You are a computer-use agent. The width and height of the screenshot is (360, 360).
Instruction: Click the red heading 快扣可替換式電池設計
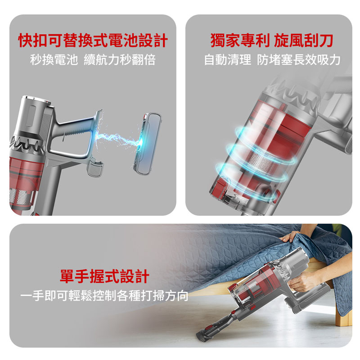click(x=93, y=40)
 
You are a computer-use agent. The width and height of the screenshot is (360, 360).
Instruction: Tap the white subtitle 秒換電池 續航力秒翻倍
click(x=93, y=60)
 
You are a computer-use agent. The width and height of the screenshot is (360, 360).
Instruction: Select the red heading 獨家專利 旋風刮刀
click(x=272, y=40)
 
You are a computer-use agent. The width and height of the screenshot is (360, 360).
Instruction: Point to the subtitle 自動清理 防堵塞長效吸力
click(x=272, y=60)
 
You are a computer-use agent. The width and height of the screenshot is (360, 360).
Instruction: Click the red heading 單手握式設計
click(x=104, y=276)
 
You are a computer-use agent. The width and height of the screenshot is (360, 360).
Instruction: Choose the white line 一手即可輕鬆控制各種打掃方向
click(x=104, y=296)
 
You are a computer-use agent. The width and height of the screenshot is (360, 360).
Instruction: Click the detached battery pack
click(x=148, y=144)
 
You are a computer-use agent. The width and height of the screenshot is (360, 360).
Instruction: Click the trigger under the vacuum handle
click(x=95, y=167)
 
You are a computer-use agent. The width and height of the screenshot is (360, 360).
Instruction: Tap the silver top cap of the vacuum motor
click(x=37, y=99)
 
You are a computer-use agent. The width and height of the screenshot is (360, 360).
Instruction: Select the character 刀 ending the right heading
click(x=326, y=40)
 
